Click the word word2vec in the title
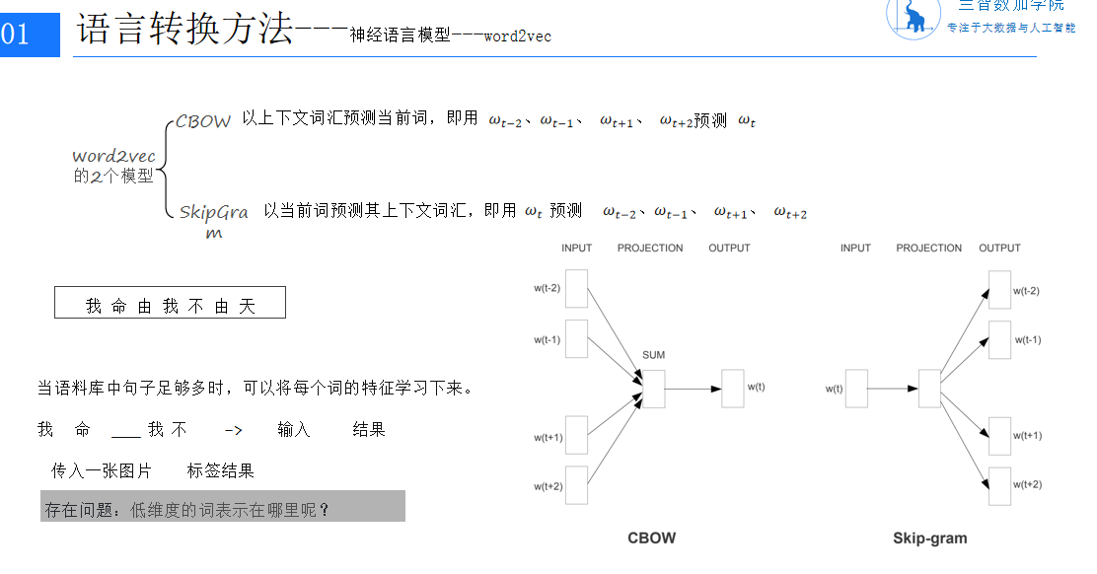pyautogui.click(x=517, y=36)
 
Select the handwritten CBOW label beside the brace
pyautogui.click(x=203, y=122)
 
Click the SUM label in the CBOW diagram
pyautogui.click(x=653, y=355)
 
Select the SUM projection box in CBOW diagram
pyautogui.click(x=653, y=389)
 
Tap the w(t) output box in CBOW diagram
pyautogui.click(x=732, y=389)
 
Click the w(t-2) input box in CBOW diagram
pyautogui.click(x=576, y=289)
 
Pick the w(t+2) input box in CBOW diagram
pyautogui.click(x=576, y=485)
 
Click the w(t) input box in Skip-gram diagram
pyautogui.click(x=856, y=389)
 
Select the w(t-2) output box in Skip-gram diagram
pyautogui.click(x=999, y=291)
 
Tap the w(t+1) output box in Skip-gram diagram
pyautogui.click(x=999, y=436)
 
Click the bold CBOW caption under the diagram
pyautogui.click(x=652, y=538)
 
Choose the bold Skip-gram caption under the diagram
pyautogui.click(x=929, y=538)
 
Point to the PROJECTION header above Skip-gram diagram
pyautogui.click(x=928, y=249)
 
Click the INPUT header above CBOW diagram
pyautogui.click(x=576, y=249)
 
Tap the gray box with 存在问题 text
pyautogui.click(x=223, y=507)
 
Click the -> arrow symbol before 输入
pyautogui.click(x=233, y=430)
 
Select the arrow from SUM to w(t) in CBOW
pyautogui.click(x=693, y=389)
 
